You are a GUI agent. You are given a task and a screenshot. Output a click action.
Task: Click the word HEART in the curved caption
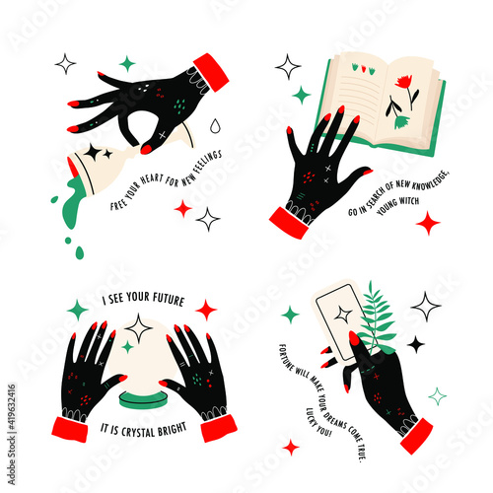152,179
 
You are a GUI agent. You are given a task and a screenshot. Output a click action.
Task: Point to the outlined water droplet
215,126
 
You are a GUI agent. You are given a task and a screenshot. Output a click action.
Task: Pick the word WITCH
408,200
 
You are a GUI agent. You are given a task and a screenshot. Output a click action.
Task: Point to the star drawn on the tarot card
343,315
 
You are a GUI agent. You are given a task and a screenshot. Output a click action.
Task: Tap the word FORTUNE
286,358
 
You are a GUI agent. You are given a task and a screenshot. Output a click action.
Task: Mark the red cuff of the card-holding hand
416,436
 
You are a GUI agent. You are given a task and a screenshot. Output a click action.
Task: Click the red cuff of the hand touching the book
289,223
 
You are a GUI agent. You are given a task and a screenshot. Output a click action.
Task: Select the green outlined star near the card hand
437,396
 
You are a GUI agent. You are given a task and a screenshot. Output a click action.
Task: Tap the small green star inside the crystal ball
127,347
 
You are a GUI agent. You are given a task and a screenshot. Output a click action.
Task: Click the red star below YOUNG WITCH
428,223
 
